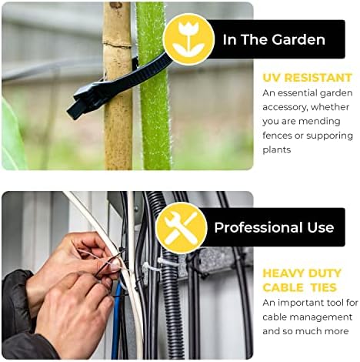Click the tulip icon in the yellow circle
(189, 39)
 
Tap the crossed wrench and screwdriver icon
(182, 228)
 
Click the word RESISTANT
(318, 78)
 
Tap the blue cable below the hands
(116, 323)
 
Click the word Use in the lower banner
(320, 228)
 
